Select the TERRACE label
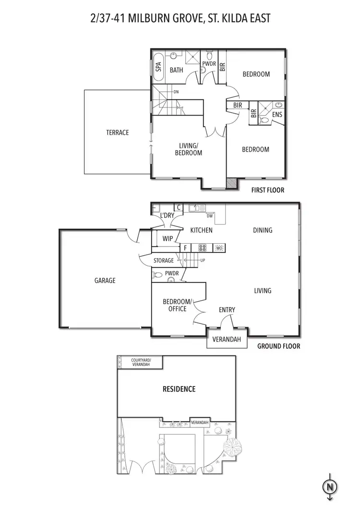click(118, 132)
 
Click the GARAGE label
click(105, 280)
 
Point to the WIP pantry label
click(168, 238)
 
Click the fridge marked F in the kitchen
click(185, 248)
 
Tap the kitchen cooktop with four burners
click(203, 248)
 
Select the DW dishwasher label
click(210, 216)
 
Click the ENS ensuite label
click(277, 115)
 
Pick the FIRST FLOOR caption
click(268, 190)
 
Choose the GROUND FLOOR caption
click(279, 346)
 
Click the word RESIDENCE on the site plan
click(178, 389)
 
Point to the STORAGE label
click(163, 260)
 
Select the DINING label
click(263, 230)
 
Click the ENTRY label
click(227, 310)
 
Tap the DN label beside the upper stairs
click(176, 91)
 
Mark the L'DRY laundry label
click(168, 215)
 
